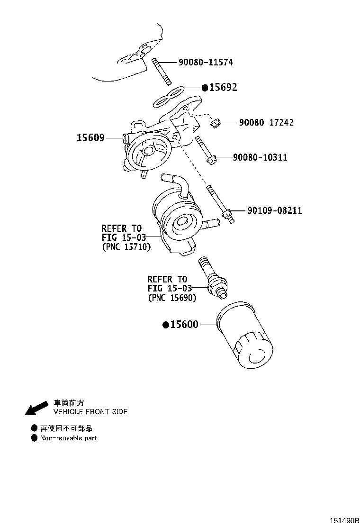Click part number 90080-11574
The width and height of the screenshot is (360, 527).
pyautogui.click(x=206, y=62)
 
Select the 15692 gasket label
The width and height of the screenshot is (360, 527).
pyautogui.click(x=223, y=87)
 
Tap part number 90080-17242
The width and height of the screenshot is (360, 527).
pyautogui.click(x=266, y=122)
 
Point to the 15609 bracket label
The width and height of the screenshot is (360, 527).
pyautogui.click(x=90, y=138)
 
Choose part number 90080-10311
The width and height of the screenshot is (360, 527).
pyautogui.click(x=260, y=157)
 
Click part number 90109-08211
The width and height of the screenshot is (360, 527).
pyautogui.click(x=275, y=210)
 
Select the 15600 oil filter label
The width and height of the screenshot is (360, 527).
pyautogui.click(x=184, y=325)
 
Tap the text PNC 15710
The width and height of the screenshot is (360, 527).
pyautogui.click(x=126, y=247)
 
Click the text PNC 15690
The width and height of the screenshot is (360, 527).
pyautogui.click(x=172, y=298)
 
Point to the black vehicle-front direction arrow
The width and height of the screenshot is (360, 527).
pyautogui.click(x=37, y=408)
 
